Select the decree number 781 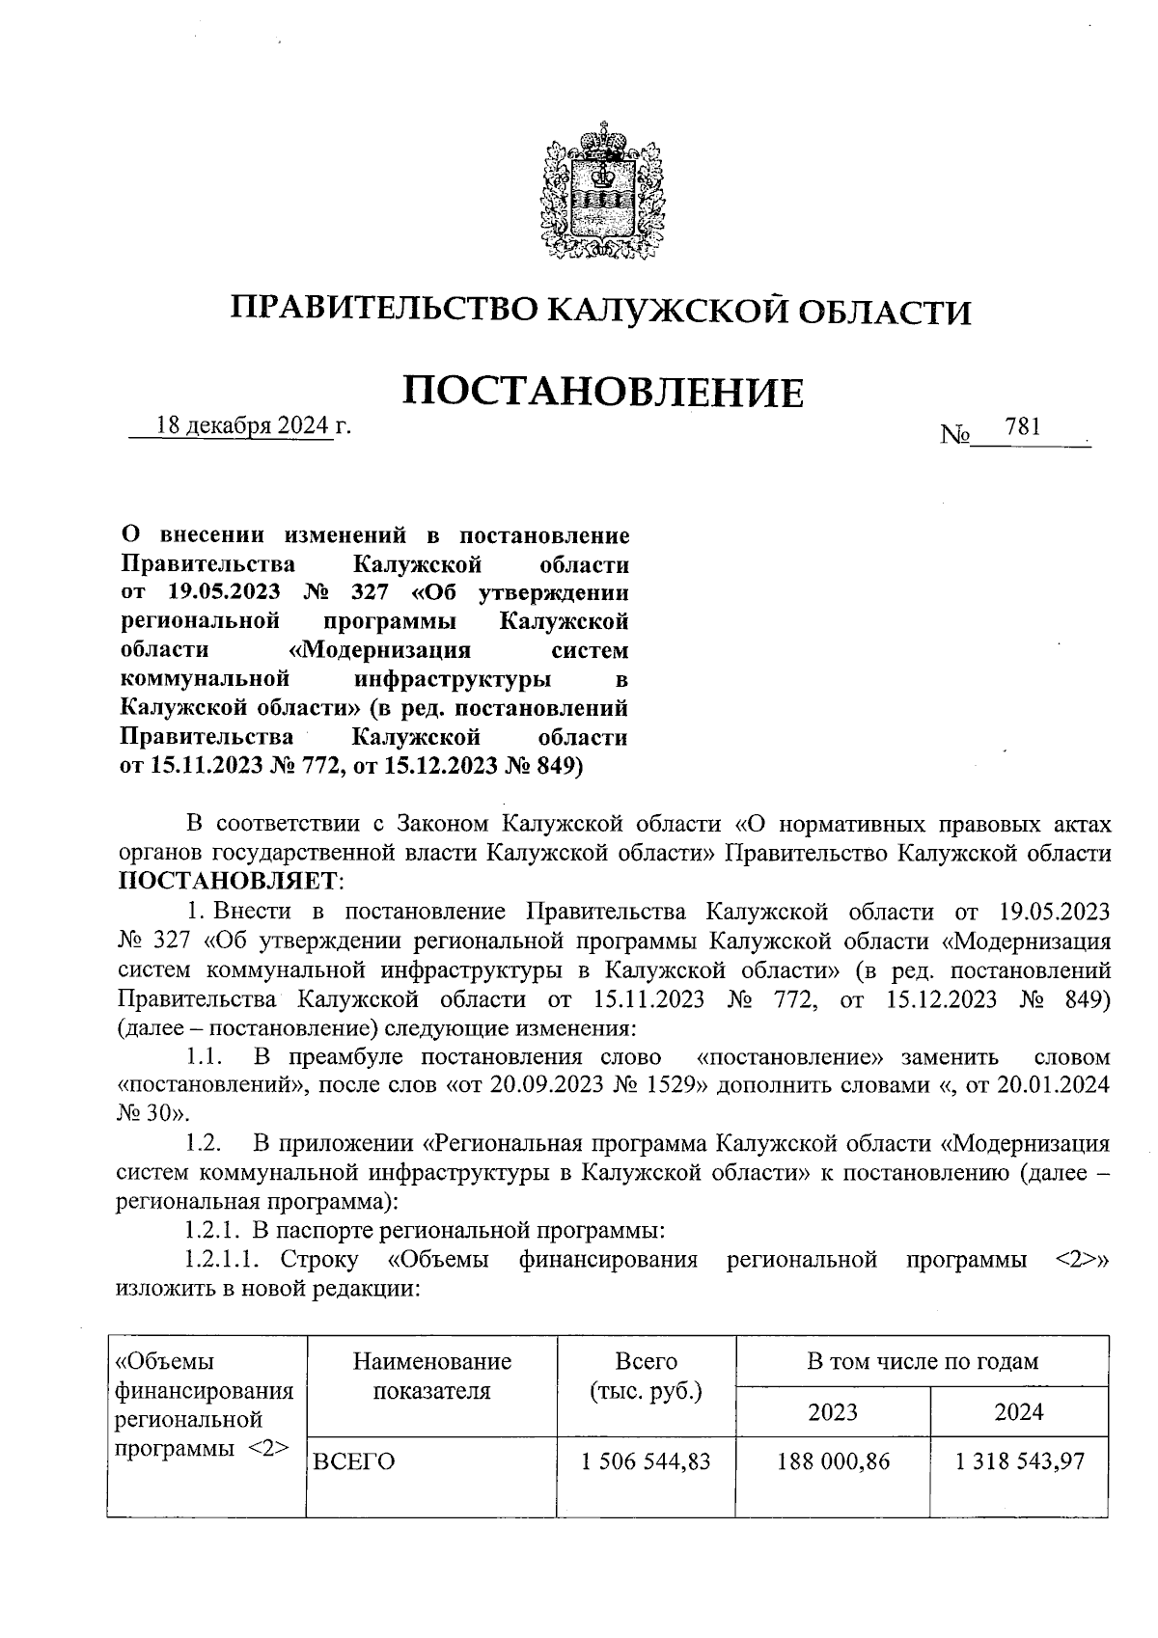pos(1022,426)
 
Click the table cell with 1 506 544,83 pos(646,1461)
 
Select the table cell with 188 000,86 pos(833,1461)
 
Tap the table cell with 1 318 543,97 pos(1019,1461)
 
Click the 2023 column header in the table pos(833,1411)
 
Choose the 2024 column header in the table pos(1019,1411)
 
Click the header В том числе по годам pos(922,1361)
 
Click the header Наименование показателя pos(431,1376)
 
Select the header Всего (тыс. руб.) pos(646,1376)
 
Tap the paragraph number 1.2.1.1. pos(222,1260)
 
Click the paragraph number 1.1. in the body pos(205,1057)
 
